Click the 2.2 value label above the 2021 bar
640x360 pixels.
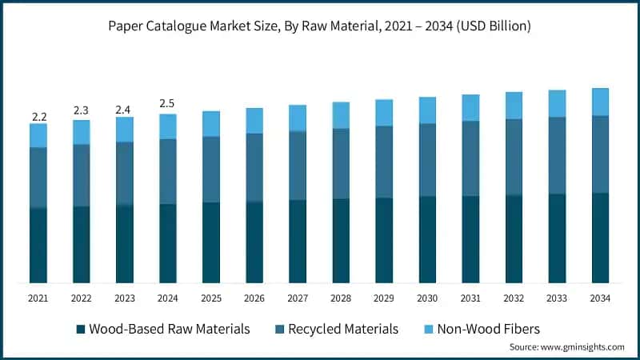39,117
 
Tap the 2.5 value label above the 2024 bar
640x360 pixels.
167,104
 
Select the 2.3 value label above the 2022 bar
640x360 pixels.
81,110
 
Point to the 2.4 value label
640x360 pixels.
123,110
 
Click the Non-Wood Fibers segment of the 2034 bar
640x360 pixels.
600,102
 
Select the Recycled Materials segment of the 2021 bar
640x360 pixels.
38,178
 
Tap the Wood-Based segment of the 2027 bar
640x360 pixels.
298,242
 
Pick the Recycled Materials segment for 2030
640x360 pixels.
427,160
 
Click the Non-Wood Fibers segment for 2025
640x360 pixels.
211,124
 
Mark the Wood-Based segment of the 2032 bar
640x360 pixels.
514,238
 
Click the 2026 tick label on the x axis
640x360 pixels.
254,298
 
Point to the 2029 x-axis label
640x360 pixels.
384,298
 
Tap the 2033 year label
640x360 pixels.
557,298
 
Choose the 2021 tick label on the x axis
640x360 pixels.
38,298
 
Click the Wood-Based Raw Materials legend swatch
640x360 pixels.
81,329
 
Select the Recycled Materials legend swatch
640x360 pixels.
279,329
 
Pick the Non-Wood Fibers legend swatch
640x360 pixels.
429,329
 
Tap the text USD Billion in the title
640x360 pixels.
494,26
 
